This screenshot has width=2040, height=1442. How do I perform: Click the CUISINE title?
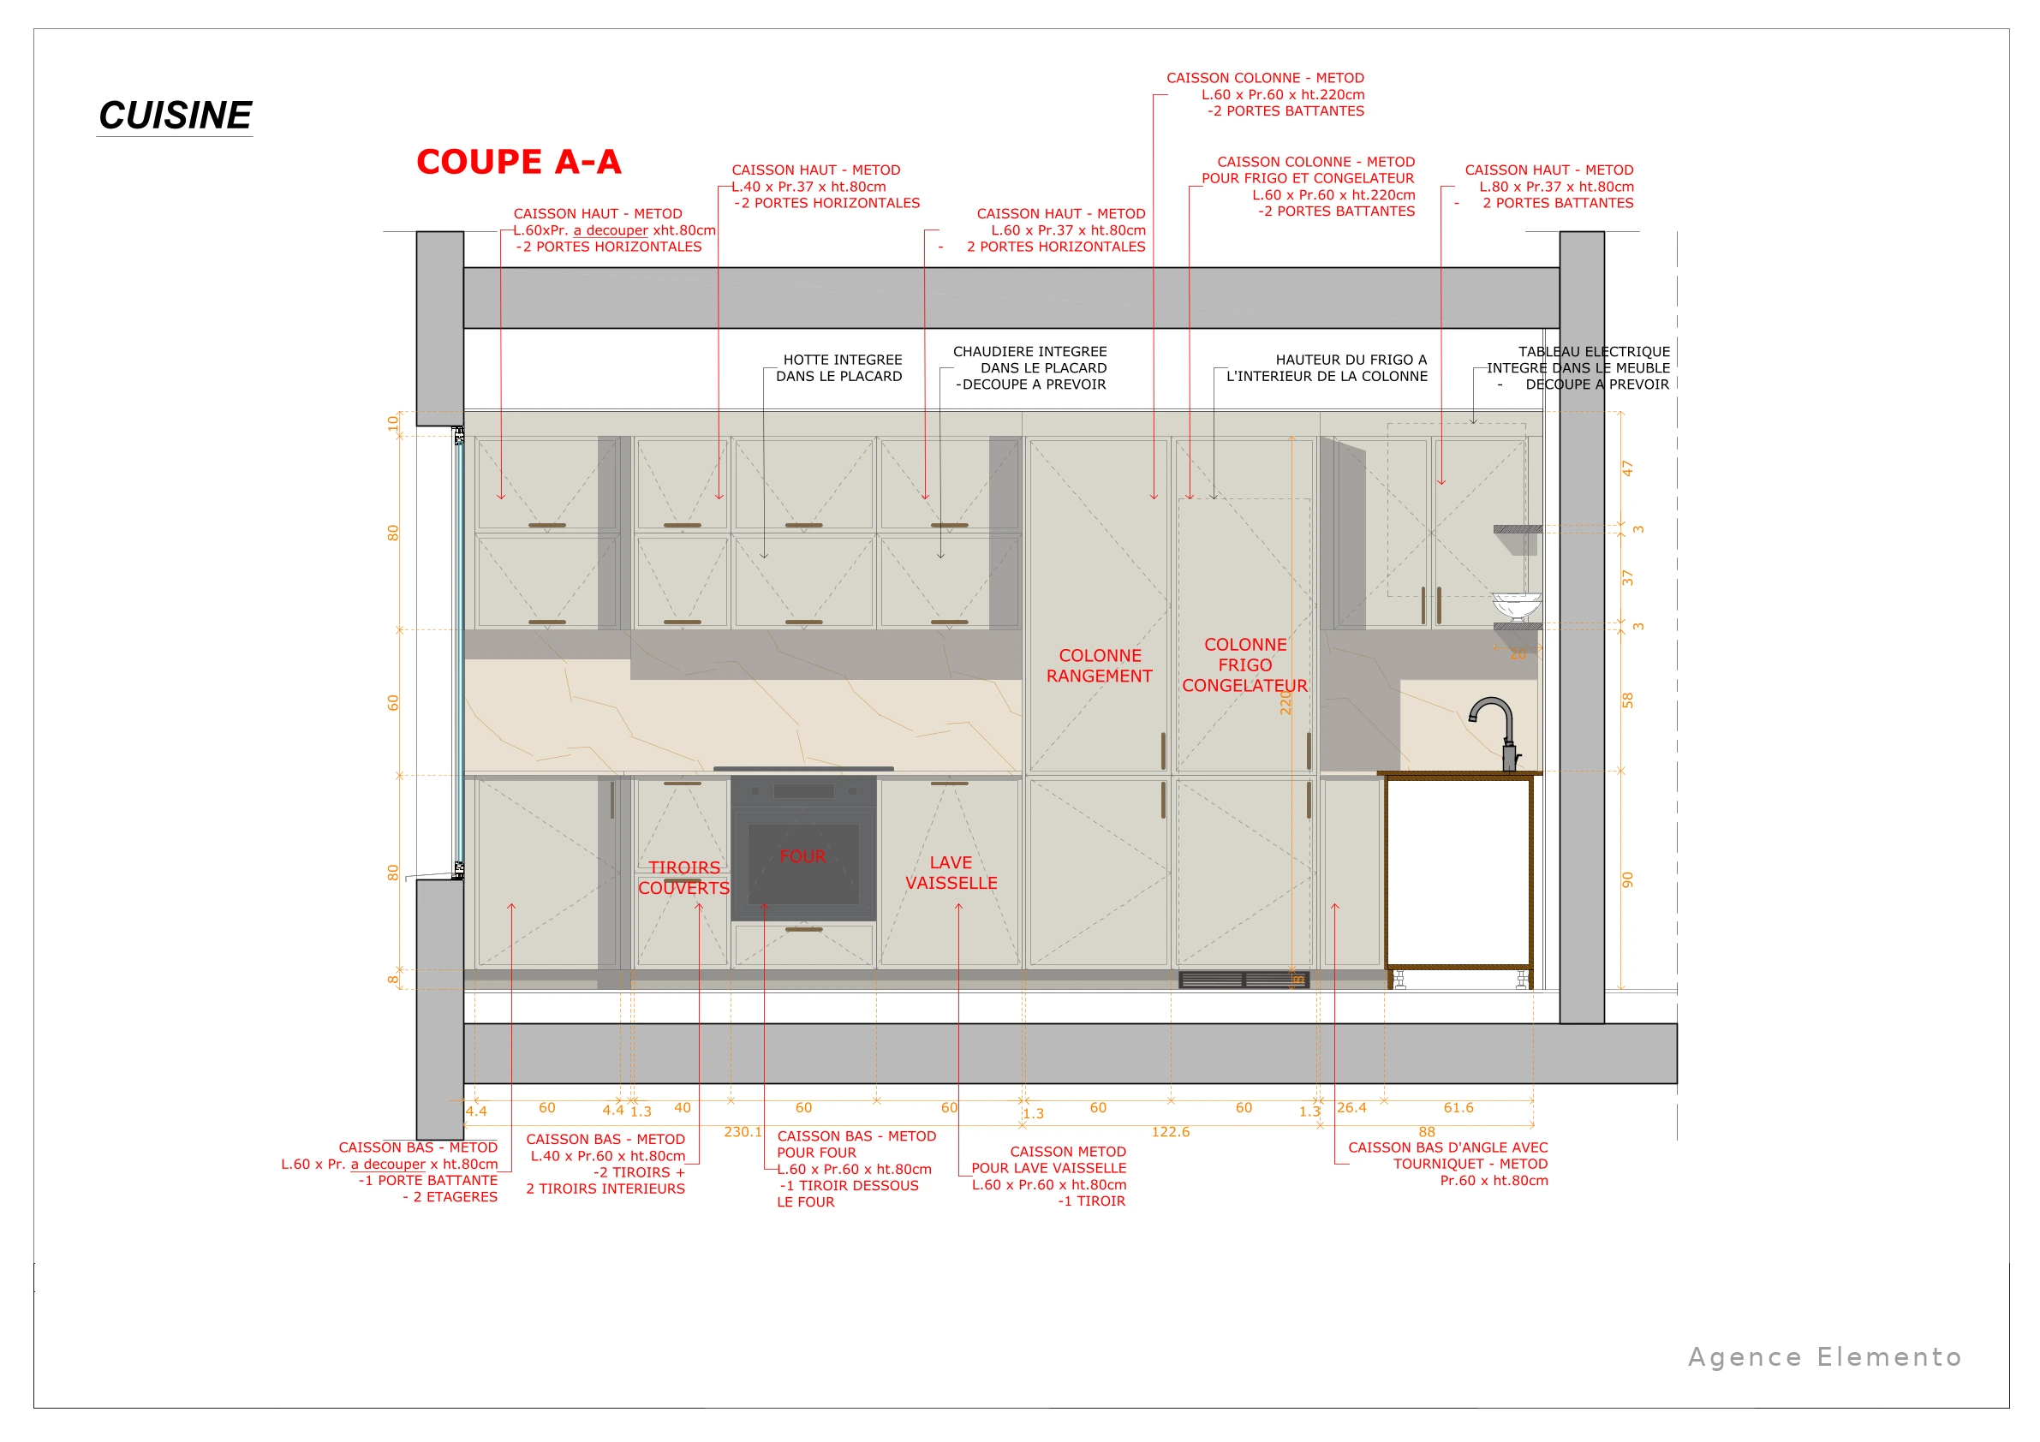click(x=175, y=116)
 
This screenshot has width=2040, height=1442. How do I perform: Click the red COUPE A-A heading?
click(x=519, y=162)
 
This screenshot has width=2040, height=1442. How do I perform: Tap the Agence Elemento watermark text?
click(x=1824, y=1356)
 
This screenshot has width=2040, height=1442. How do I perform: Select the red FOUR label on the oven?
click(x=802, y=856)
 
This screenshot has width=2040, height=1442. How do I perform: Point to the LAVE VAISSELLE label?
click(x=951, y=873)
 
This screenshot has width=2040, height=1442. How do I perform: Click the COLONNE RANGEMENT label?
click(x=1099, y=665)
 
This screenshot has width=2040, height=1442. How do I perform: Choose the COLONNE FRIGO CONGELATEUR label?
click(x=1244, y=664)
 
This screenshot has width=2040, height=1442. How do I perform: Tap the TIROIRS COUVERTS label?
click(x=683, y=878)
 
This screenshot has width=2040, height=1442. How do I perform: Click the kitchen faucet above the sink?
click(x=1496, y=732)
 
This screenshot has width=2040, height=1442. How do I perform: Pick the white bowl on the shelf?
click(x=1517, y=606)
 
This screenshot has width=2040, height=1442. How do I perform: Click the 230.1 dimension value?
click(x=743, y=1132)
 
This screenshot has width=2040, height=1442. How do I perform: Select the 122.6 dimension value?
click(x=1170, y=1132)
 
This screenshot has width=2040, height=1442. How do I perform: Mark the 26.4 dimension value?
click(x=1351, y=1108)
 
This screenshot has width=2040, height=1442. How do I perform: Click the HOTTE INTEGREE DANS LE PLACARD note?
click(x=838, y=368)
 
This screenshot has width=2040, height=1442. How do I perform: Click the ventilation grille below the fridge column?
click(x=1244, y=979)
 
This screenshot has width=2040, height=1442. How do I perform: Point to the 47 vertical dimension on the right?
click(x=1628, y=468)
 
